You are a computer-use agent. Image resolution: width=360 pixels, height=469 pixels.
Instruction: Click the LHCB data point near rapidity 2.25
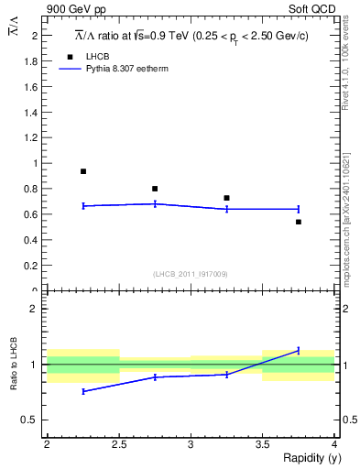[83, 171]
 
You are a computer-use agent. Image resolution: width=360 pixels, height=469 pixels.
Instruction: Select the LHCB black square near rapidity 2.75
[155, 189]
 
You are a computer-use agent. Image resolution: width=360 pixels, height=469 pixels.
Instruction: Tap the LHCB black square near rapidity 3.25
[226, 198]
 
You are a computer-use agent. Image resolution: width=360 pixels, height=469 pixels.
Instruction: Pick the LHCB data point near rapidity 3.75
[299, 222]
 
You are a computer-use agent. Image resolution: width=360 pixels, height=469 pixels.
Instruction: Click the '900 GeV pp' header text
[78, 9]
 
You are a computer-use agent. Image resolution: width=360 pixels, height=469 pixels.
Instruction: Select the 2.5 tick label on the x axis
[119, 444]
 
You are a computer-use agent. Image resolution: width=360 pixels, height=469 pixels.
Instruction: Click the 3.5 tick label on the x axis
[263, 444]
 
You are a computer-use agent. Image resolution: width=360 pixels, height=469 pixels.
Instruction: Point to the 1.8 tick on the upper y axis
[34, 60]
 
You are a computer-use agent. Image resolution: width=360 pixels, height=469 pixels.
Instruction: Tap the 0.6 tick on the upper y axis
[34, 214]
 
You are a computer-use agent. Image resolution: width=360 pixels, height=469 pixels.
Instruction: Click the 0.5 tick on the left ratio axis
[33, 420]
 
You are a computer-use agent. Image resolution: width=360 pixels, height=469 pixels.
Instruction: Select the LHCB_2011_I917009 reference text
[190, 274]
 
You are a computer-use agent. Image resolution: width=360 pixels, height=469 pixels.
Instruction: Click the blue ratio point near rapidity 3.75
[299, 350]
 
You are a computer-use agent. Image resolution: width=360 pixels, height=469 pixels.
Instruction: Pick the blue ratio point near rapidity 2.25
[83, 391]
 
